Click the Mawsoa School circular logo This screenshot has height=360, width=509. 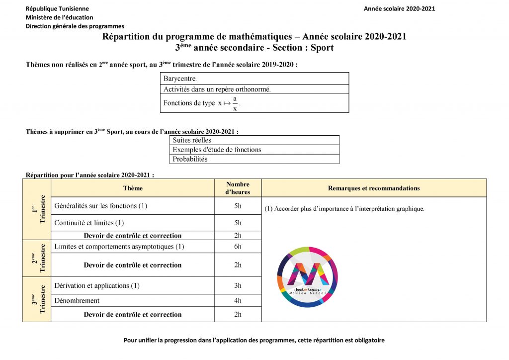click(x=307, y=277)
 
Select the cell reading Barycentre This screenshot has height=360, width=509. click(x=255, y=79)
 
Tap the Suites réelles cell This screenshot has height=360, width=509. click(x=254, y=140)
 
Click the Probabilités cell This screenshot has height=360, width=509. click(x=254, y=159)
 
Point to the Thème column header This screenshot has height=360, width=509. click(x=133, y=188)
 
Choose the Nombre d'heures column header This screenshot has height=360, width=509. click(x=238, y=188)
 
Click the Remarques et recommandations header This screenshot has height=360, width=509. click(x=374, y=188)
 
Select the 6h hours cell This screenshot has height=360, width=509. click(x=238, y=247)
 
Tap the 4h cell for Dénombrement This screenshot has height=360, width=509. click(x=238, y=300)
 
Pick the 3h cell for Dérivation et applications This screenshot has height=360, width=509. click(x=238, y=285)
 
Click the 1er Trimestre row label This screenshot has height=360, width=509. click(x=37, y=209)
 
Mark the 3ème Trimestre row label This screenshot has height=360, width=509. click(x=37, y=299)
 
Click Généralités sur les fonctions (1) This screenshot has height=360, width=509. click(x=101, y=205)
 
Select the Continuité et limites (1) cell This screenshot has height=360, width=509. click(x=89, y=223)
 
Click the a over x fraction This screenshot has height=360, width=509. click(x=235, y=103)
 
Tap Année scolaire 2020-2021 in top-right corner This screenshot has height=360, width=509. click(x=400, y=8)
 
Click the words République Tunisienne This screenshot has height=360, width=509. click(x=57, y=8)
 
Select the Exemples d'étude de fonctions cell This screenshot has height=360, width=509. click(x=254, y=150)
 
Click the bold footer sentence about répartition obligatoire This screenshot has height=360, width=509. click(x=254, y=341)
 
